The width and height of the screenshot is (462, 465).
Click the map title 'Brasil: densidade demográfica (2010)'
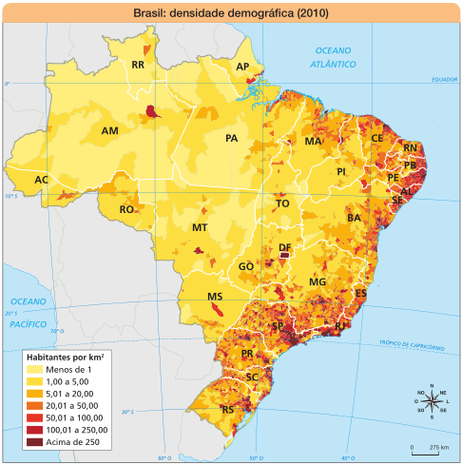[x=231, y=12]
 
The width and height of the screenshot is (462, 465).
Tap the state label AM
[x=110, y=130]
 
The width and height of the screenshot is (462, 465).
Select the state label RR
[x=138, y=66]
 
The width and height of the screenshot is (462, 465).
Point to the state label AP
[x=242, y=67]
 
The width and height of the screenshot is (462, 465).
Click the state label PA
[x=231, y=139]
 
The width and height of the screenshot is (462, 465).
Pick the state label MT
[x=200, y=228]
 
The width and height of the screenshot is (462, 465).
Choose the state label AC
[x=41, y=180]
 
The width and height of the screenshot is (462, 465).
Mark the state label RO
[x=126, y=209]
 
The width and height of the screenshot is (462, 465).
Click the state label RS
[x=228, y=410]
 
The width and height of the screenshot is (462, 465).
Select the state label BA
[x=354, y=218]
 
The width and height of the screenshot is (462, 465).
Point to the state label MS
[x=215, y=298]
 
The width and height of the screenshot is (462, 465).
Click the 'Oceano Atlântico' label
[x=333, y=56]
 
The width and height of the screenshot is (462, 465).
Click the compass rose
[x=432, y=401]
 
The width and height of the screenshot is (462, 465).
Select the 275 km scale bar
[x=425, y=445]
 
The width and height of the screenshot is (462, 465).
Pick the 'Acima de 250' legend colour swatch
[x=36, y=441]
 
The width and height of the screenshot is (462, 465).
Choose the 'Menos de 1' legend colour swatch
[x=36, y=369]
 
